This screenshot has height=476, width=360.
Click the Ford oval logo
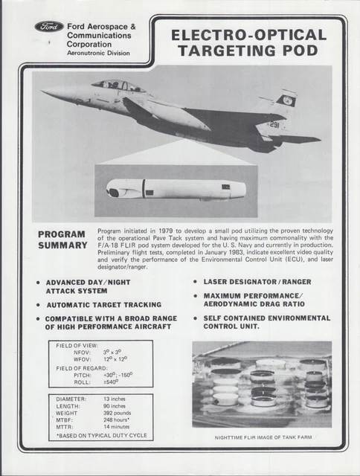coord(49,27)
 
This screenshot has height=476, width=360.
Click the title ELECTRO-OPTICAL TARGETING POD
coord(248,42)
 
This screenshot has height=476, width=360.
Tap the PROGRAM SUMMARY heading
coord(63,239)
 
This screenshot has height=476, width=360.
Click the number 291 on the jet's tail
coord(274,125)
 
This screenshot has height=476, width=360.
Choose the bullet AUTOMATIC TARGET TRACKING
coord(104,304)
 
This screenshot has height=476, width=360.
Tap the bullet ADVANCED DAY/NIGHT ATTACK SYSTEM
coord(93,286)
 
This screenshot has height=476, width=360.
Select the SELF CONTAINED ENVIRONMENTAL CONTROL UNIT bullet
coord(266,322)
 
